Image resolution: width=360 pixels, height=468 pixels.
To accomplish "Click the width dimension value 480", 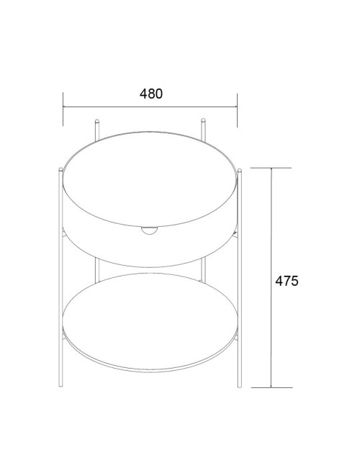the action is coord(151,94).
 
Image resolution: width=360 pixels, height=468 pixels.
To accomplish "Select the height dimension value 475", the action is coord(287,281).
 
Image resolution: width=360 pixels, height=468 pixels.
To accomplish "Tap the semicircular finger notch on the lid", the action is coord(150,230).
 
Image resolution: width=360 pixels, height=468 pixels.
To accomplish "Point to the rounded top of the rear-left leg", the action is coord(96,121).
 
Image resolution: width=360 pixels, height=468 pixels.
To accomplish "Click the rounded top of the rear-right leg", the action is coord(203,120).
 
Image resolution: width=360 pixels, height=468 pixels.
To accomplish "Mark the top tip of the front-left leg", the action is coord(60,169).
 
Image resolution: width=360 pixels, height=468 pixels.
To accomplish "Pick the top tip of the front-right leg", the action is coord(240,170).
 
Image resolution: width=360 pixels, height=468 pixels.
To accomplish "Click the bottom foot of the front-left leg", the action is coord(60,386).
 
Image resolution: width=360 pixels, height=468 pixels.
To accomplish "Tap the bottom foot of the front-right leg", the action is coord(240,386).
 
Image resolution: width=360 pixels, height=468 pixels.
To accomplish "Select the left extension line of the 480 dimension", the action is coord(63,109).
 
